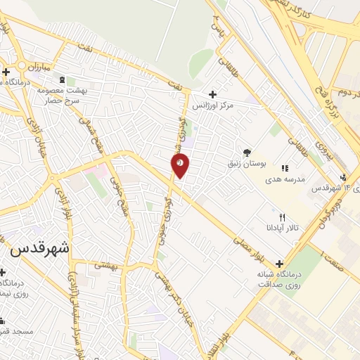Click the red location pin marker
180,165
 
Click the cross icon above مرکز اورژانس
212,94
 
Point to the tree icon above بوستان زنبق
247,152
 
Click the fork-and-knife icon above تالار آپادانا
283,217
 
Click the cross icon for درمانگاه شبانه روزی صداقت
279,263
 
